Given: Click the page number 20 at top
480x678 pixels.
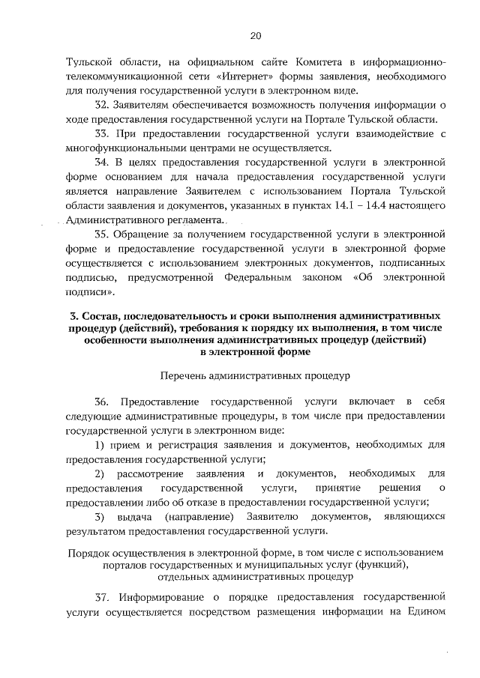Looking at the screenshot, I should point(256,35).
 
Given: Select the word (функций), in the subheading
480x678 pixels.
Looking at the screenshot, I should point(379,565).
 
